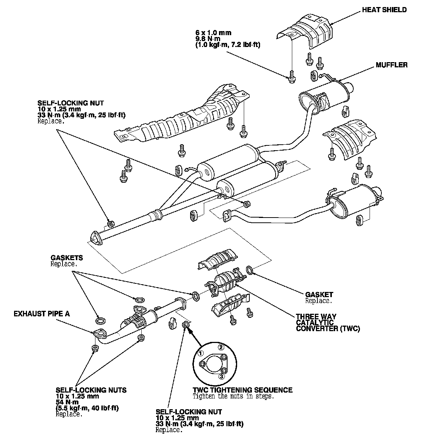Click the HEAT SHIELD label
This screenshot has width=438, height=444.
coord(384,10)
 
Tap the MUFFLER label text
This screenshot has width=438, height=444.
coord(391,65)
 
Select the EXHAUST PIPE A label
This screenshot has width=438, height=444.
coord(41,314)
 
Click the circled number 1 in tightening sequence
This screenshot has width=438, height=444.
coord(201,353)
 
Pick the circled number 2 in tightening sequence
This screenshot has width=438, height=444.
coord(221,347)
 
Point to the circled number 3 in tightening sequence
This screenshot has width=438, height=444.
coord(221,377)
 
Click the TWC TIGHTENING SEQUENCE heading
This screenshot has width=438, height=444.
coord(243,390)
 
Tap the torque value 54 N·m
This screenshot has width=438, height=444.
coord(67,402)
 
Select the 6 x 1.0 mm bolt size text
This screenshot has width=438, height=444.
coord(213,33)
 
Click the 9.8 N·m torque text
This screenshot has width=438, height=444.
coord(208,39)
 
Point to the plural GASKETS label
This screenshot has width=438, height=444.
coord(67,258)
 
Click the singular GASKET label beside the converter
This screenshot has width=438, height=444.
coord(319,295)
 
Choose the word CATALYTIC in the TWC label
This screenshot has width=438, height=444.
coord(315,322)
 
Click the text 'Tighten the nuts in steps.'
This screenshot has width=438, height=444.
coord(233,396)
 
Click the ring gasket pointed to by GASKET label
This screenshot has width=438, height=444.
coord(250,270)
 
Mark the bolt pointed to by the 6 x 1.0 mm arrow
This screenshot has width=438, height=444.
coord(292,77)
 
